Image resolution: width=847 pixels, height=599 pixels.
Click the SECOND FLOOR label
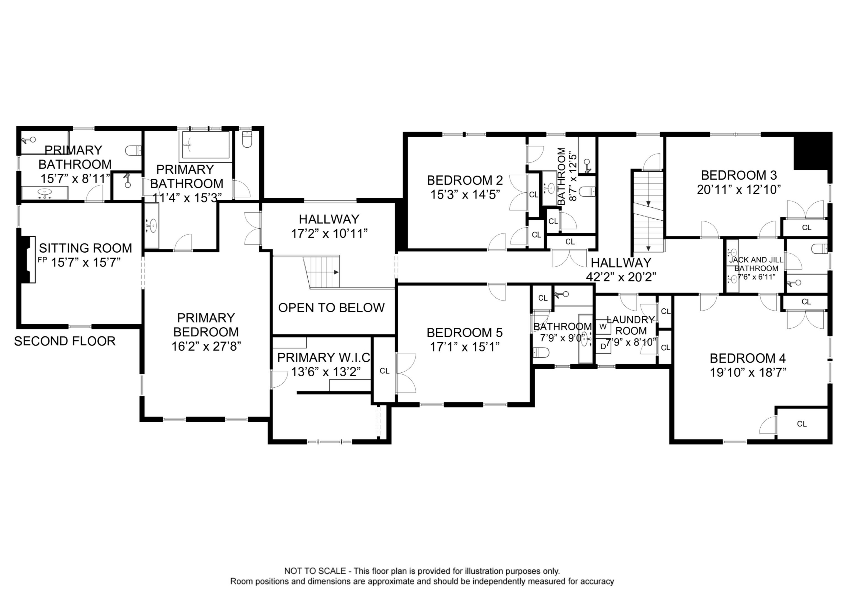coord(65,341)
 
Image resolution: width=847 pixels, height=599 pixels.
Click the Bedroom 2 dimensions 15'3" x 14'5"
coord(465,195)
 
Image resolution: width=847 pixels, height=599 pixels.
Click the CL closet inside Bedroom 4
coord(802,424)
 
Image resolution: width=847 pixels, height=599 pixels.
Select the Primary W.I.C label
coord(324,358)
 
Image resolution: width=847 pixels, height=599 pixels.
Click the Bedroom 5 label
coord(465,333)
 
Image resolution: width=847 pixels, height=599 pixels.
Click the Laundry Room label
coord(631,325)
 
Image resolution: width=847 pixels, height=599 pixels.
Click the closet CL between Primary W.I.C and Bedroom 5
coord(384,371)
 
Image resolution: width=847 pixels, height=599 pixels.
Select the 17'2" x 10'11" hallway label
coord(329,234)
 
